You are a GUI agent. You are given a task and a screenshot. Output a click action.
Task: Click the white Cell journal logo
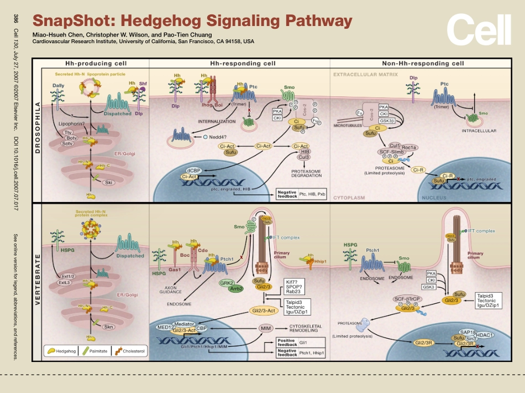[479, 30]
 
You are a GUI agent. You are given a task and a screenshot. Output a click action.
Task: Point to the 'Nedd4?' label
[220, 137]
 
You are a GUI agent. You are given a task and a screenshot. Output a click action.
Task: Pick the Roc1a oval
[409, 147]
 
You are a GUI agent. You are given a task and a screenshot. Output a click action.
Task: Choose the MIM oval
[267, 328]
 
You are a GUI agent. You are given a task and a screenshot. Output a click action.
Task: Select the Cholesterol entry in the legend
[130, 350]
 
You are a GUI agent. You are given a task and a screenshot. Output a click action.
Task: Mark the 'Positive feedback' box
[287, 343]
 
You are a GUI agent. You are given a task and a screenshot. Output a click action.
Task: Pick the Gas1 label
[175, 268]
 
